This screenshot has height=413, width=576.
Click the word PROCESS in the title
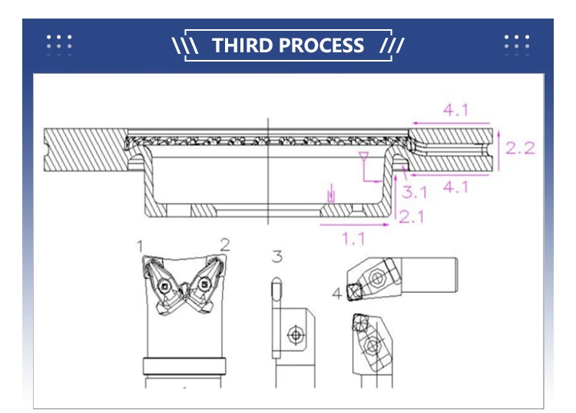click(321, 45)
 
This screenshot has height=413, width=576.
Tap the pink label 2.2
click(520, 148)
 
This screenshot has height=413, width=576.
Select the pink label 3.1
click(415, 192)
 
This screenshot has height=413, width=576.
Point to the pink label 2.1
click(412, 217)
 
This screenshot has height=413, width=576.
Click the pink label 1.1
click(354, 238)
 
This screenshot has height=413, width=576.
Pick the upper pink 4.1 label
click(455, 110)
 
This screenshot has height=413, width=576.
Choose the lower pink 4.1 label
click(455, 187)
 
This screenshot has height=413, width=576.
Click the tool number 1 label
click(140, 246)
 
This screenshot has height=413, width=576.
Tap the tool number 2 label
click(225, 245)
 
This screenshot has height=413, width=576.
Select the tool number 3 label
click(277, 256)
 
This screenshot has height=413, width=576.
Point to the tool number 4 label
click(337, 294)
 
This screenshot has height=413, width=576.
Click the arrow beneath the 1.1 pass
click(355, 224)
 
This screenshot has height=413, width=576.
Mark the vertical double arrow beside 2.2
click(499, 150)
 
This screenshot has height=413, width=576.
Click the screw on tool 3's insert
click(296, 335)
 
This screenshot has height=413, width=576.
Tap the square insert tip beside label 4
click(355, 292)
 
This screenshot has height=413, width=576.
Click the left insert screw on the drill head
click(164, 285)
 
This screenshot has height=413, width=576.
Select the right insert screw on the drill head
click(204, 284)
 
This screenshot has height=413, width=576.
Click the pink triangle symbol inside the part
click(364, 155)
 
